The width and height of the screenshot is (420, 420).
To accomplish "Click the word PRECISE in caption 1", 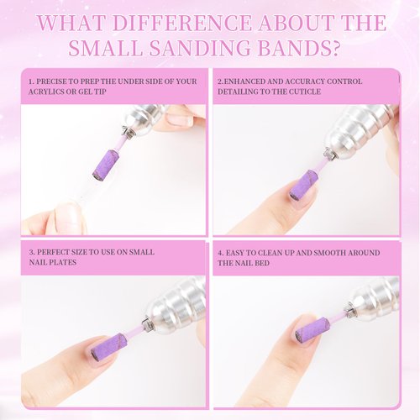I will click(55, 81).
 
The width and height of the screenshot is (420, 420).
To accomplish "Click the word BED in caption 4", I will click(272, 263).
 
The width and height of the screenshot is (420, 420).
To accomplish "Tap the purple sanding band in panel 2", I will click(303, 185).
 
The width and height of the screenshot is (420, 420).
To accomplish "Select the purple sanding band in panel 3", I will click(109, 345).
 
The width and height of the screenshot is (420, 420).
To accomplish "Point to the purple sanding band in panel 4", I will click(312, 329).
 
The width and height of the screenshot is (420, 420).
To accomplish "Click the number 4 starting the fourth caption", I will click(221, 252).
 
